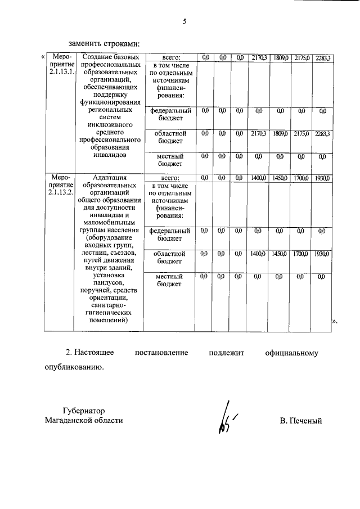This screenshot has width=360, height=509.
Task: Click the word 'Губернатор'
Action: pos(83,411)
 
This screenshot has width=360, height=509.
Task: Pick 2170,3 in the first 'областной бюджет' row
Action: pos(258,133)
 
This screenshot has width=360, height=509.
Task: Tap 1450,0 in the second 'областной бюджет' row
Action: pos(280,254)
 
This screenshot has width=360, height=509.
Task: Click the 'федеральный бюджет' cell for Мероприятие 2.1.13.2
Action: pos(170,235)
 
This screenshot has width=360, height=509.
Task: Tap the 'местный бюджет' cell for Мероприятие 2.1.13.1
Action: pos(170,160)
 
